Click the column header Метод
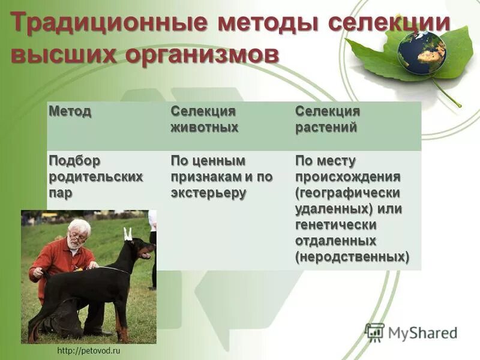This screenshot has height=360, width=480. click(70, 112)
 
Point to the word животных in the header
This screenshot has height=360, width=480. click(204, 127)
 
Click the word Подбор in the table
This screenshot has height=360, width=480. click(74, 161)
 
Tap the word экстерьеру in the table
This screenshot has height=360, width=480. click(208, 193)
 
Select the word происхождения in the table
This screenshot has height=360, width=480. click(347, 177)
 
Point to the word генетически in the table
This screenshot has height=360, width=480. click(335, 224)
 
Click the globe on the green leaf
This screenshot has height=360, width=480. click(421, 52)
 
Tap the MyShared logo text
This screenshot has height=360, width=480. click(422, 332)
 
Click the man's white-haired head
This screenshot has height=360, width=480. click(78, 233)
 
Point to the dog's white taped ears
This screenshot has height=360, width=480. click(127, 233)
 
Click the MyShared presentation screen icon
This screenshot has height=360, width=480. click(374, 332)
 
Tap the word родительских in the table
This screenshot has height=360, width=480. click(96, 177)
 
